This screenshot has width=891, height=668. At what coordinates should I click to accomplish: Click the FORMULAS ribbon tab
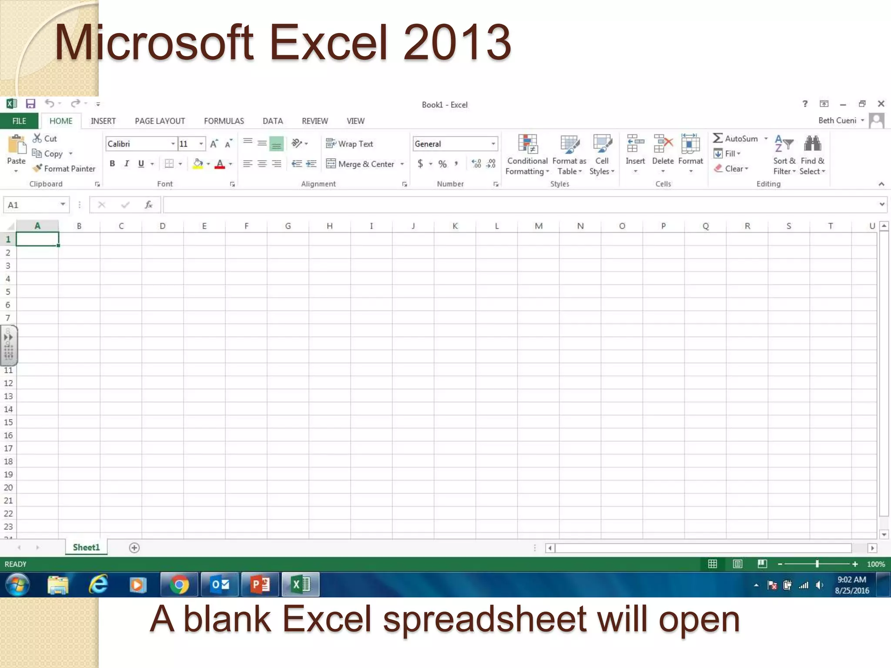(x=224, y=121)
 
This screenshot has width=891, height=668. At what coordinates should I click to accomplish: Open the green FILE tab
(x=19, y=121)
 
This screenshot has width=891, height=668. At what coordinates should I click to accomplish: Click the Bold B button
(x=112, y=164)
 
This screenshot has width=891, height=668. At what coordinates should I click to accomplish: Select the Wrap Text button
(x=349, y=144)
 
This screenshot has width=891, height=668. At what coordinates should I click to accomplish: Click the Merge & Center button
(x=361, y=164)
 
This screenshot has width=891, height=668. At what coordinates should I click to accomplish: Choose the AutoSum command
(x=736, y=139)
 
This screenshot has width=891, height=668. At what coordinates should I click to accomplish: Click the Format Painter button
(x=64, y=169)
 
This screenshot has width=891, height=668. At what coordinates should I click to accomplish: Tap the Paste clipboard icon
(x=17, y=146)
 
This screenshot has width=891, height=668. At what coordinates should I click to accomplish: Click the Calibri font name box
(x=137, y=144)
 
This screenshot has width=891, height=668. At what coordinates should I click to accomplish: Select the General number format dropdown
(x=454, y=144)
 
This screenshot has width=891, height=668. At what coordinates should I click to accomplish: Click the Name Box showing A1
(x=30, y=205)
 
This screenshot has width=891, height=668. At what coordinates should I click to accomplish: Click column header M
(x=538, y=226)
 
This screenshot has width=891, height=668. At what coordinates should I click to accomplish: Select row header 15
(x=8, y=422)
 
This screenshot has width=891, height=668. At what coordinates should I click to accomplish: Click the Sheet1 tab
(x=86, y=548)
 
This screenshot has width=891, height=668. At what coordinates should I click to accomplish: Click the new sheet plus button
(x=134, y=548)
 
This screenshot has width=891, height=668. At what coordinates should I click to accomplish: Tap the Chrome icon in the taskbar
(x=179, y=584)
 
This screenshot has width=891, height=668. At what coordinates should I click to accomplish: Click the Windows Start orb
(x=17, y=584)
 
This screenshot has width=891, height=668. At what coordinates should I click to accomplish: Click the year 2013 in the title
(x=457, y=43)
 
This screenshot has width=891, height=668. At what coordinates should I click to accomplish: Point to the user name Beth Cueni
(x=837, y=120)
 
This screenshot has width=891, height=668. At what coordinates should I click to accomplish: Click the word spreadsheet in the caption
(x=485, y=619)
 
